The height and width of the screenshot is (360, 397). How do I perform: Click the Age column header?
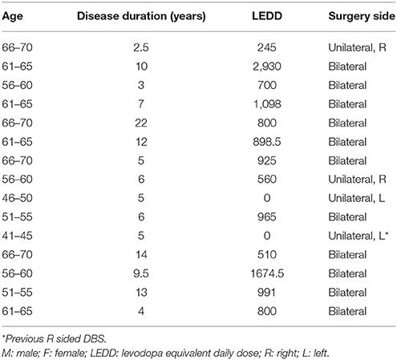[x=12, y=17]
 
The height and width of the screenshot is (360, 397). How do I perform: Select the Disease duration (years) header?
[x=141, y=16]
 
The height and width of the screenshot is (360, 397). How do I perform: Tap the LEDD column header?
[x=267, y=16]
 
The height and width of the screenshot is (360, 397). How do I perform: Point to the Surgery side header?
[x=362, y=16]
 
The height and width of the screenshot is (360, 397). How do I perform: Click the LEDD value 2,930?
[x=267, y=67]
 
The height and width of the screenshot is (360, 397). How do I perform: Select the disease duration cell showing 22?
[x=141, y=123]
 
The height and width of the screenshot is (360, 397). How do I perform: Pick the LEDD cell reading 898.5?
[x=267, y=142]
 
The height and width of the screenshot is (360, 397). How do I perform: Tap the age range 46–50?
[x=17, y=198]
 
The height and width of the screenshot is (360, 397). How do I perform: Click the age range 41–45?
[x=17, y=236]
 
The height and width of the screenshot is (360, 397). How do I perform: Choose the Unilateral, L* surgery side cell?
[x=359, y=236]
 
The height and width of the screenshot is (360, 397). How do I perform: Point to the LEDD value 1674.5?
[x=267, y=273]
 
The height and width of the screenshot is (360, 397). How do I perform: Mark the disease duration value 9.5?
[x=141, y=273]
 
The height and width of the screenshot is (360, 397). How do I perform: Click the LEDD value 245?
[x=267, y=47]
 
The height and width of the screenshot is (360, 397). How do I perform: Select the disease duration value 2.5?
[x=141, y=47]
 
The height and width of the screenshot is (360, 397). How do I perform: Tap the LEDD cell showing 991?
[x=267, y=292]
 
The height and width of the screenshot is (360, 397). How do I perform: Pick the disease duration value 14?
[x=141, y=254]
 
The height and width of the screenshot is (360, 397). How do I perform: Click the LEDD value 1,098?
[x=267, y=104]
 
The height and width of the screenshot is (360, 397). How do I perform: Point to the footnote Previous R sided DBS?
[x=55, y=339]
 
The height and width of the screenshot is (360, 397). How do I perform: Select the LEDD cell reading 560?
[x=267, y=179]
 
